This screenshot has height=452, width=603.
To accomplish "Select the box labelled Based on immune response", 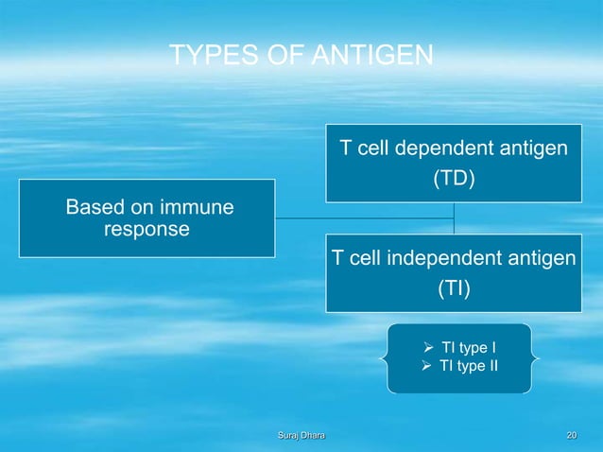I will click(146, 218).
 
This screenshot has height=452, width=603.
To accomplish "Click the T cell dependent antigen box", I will click(454, 163).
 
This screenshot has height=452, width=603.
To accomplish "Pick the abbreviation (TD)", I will click(454, 178).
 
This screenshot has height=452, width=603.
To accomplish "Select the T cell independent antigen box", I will click(454, 273).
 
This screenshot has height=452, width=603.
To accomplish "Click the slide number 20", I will click(570, 435).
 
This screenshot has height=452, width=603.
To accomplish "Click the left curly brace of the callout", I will click(384, 358).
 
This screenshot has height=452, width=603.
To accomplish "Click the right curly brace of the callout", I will click(536, 358).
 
